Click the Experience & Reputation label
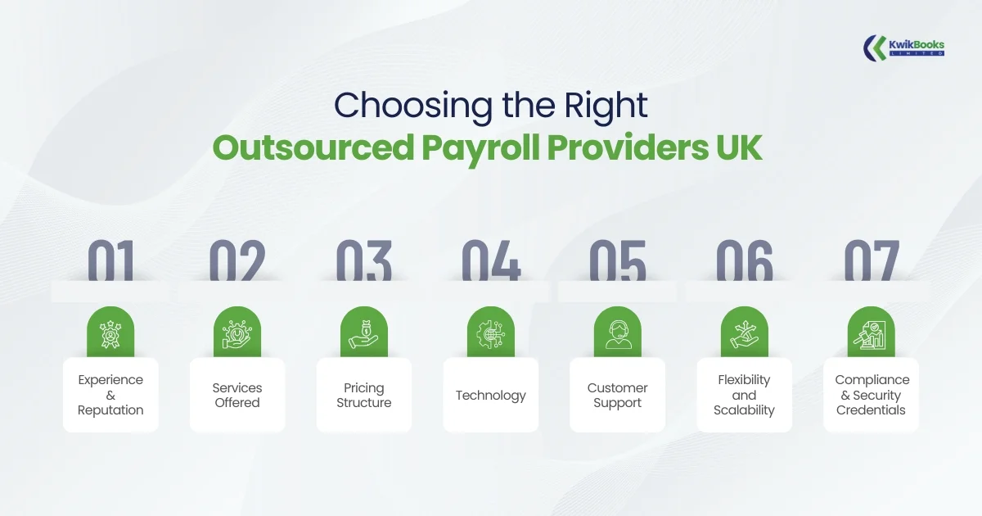pos(110,395)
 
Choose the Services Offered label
pos(237,395)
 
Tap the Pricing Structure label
pos(364,395)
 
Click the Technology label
pos(491,395)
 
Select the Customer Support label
pos(618,395)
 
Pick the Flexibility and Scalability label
pos(744,395)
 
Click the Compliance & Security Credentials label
pos(872,395)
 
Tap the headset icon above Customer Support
pos(618,333)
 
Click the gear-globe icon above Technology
pos(491,333)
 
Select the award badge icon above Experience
pos(110,333)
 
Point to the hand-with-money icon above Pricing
pos(364,333)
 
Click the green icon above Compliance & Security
pos(871,333)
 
